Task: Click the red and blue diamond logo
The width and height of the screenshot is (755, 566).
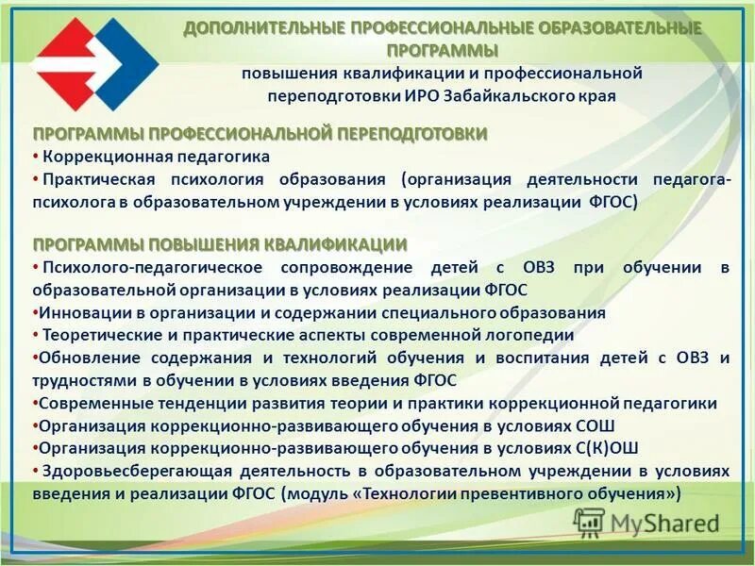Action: [x=94, y=64]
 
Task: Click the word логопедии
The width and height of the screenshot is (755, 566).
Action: [x=539, y=335]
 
